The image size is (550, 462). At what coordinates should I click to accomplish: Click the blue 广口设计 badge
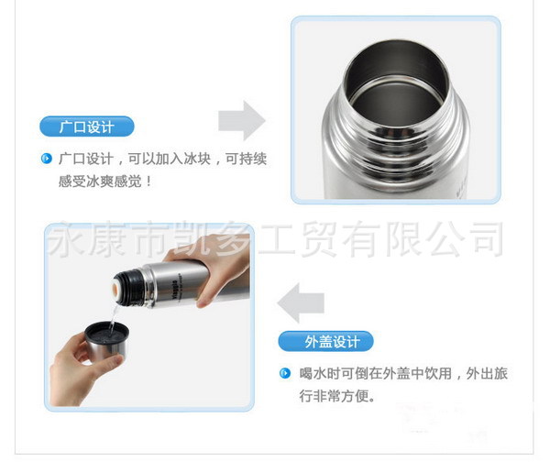87,126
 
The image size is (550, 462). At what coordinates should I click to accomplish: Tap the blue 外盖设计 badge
325,341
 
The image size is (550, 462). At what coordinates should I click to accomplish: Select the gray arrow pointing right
242,121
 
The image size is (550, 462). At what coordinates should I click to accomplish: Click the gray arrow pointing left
301,302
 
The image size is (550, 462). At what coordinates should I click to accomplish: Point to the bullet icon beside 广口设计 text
47,159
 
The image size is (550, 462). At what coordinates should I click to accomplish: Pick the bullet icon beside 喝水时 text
285,373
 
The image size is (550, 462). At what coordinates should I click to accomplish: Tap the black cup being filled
106,339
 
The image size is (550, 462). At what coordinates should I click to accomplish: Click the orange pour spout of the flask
115,289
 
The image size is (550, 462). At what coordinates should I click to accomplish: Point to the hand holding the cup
82,368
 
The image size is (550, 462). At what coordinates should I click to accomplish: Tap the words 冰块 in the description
197,159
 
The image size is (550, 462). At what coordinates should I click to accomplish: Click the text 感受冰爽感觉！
105,181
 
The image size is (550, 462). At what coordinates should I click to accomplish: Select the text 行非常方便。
336,396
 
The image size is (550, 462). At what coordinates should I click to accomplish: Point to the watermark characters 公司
467,239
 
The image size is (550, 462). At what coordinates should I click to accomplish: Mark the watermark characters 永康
87,238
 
